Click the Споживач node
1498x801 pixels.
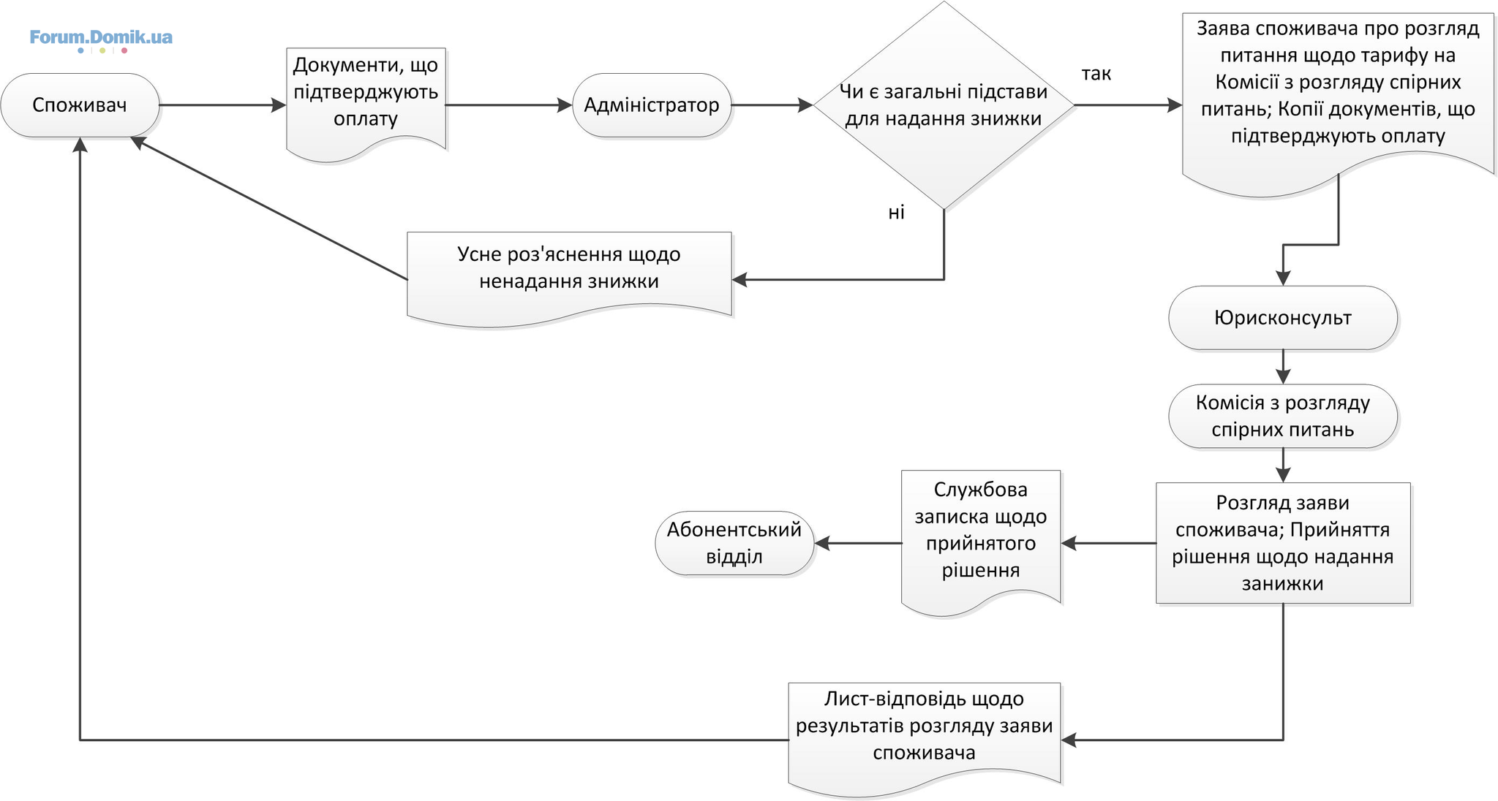coord(80,105)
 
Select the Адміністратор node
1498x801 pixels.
coord(652,105)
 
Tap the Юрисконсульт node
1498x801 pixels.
coord(1283,318)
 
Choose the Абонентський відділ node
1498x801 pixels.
coord(734,543)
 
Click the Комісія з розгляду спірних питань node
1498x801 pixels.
coord(1283,416)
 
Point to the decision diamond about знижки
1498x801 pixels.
coord(944,105)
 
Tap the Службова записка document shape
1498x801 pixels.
coord(981,542)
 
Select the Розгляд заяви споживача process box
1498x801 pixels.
coord(1283,543)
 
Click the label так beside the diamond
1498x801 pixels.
coord(1096,74)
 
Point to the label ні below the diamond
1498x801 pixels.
coord(897,212)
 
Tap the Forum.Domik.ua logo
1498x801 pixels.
coord(101,39)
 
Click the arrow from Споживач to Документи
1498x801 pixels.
coord(222,105)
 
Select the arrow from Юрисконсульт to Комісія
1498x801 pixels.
coord(1283,367)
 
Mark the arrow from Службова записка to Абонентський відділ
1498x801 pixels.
coord(858,543)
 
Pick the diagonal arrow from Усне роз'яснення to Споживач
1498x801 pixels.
coord(269,208)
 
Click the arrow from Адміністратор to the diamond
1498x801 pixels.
coord(772,105)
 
